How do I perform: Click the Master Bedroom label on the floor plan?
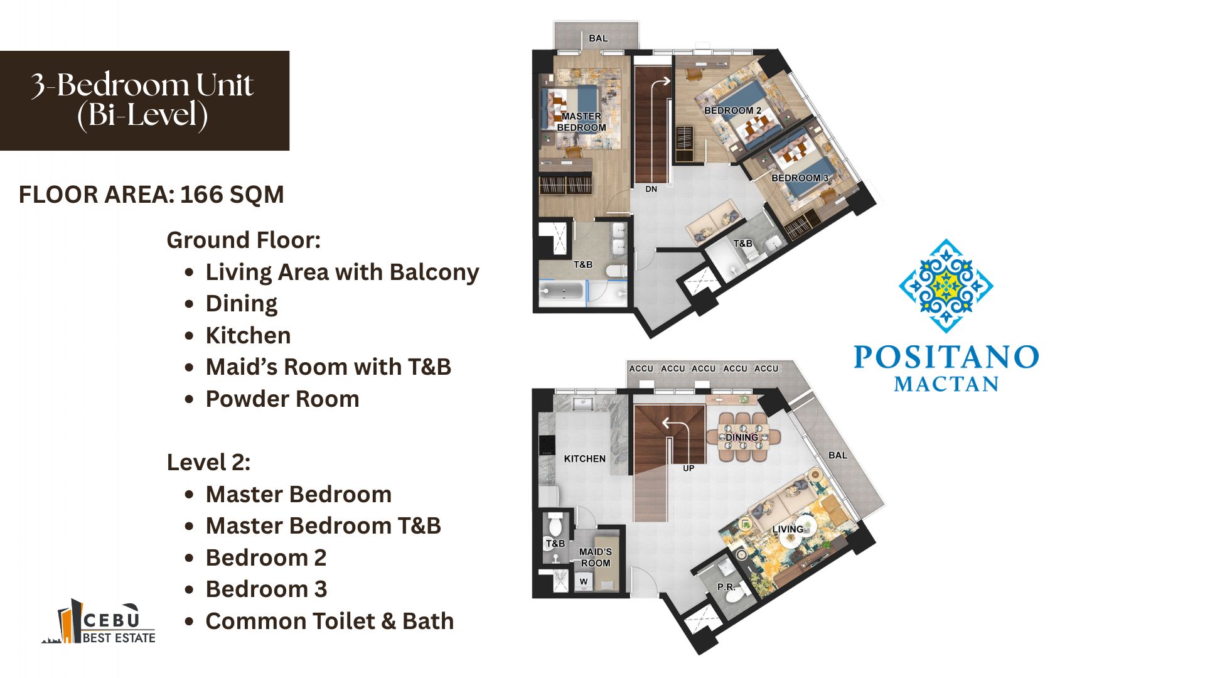(x=581, y=122)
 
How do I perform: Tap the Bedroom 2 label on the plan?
(x=732, y=110)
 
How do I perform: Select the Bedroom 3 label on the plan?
(x=800, y=178)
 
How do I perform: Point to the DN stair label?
(x=651, y=189)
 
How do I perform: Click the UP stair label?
(x=688, y=468)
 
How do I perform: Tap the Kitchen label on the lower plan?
(x=584, y=459)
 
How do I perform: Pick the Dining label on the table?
(x=742, y=437)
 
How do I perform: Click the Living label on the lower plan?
(x=788, y=529)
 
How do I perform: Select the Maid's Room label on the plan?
(x=595, y=557)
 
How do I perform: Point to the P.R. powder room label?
(x=726, y=587)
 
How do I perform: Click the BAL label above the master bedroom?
(x=598, y=38)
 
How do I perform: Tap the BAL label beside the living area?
(x=838, y=455)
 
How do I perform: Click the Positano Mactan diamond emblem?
(x=946, y=286)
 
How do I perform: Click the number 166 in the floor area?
(x=201, y=195)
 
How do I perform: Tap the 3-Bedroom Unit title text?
(x=142, y=85)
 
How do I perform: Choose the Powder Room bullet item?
(x=282, y=399)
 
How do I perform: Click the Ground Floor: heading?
(x=244, y=240)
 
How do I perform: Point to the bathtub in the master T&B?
(x=562, y=293)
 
